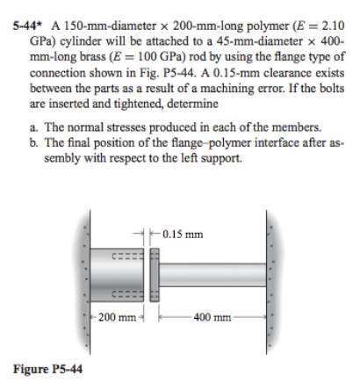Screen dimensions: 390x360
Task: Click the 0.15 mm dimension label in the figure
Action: coord(184,234)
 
